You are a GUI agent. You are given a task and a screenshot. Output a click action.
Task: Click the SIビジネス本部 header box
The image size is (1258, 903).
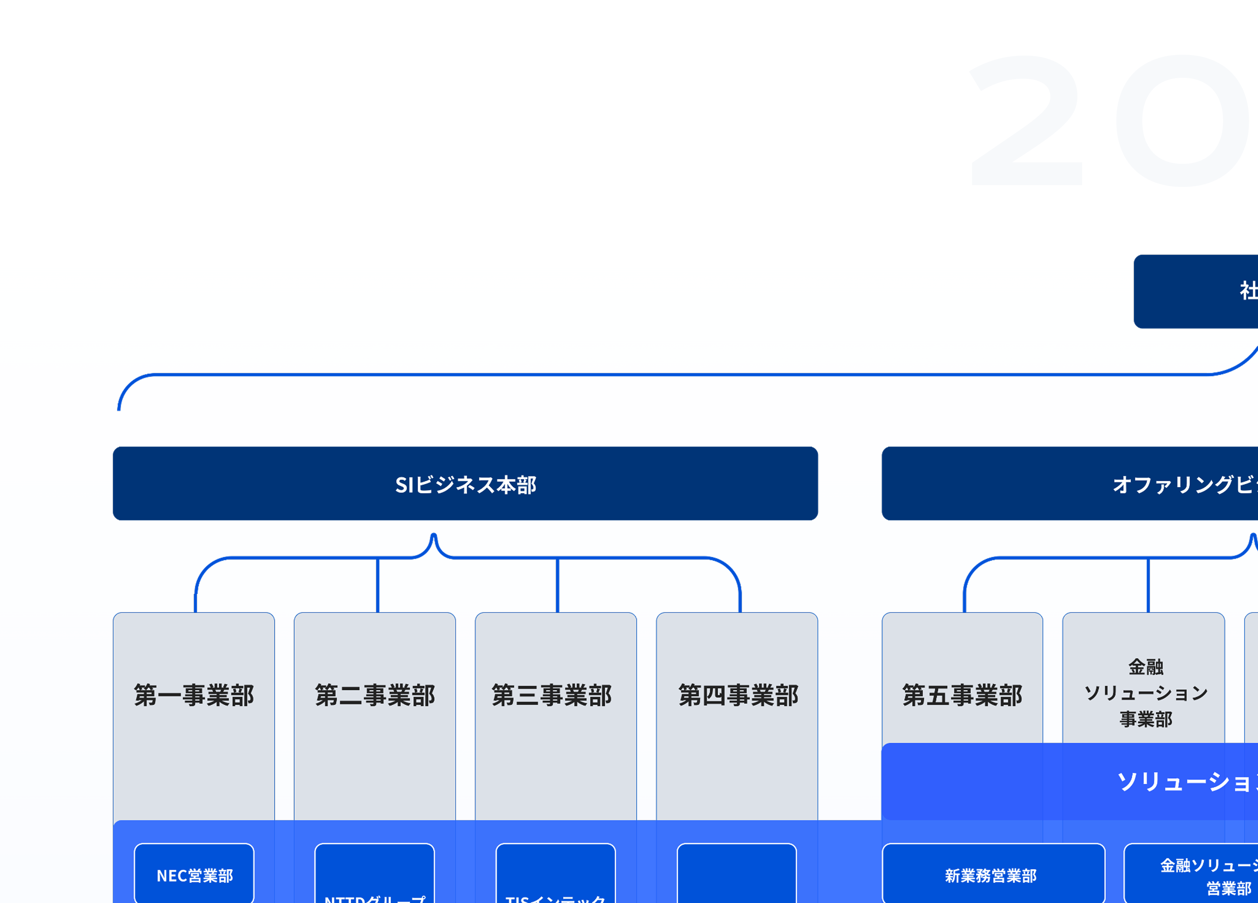(465, 483)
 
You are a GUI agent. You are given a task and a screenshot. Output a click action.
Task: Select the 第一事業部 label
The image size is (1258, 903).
(194, 695)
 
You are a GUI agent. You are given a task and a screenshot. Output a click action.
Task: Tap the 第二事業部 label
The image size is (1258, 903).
(374, 695)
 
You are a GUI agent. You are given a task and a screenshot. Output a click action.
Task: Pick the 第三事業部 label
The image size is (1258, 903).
(551, 695)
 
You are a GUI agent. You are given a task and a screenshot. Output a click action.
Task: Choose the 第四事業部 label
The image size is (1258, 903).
(738, 695)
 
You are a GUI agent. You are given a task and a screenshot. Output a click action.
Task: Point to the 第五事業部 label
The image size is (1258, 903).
(962, 695)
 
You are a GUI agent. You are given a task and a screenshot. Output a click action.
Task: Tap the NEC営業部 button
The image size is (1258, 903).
(194, 875)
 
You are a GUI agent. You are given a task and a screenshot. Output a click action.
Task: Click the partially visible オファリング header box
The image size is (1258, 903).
(1071, 483)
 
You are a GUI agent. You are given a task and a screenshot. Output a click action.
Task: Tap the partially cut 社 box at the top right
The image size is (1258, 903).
(1196, 292)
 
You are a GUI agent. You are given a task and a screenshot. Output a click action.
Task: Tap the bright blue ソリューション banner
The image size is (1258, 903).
(1071, 782)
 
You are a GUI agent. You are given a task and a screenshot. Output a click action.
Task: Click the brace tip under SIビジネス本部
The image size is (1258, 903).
(434, 537)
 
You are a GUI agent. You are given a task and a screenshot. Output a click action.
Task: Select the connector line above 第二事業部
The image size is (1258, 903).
(378, 585)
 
